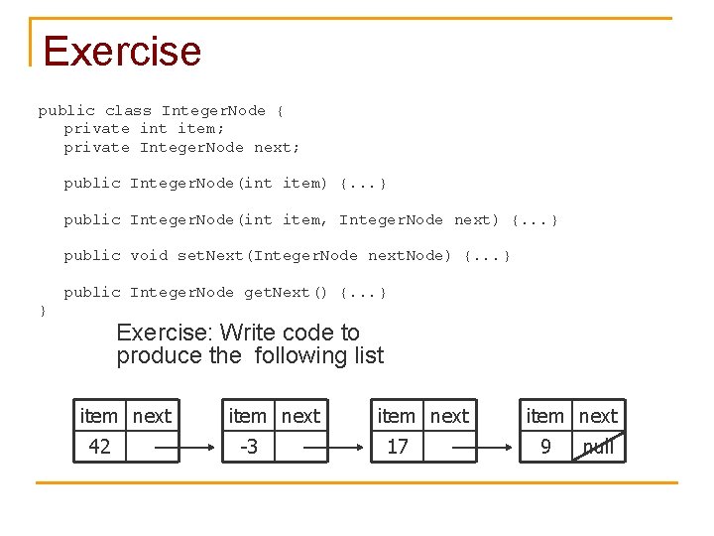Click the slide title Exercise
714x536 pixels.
pyautogui.click(x=122, y=51)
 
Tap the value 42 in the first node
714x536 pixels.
pyautogui.click(x=99, y=447)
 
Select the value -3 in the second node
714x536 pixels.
pyautogui.click(x=248, y=447)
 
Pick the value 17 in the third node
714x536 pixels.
pyautogui.click(x=397, y=447)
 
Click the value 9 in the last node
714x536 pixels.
pyautogui.click(x=545, y=447)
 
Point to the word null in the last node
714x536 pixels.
pyautogui.click(x=598, y=447)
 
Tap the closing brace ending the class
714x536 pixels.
pyautogui.click(x=42, y=311)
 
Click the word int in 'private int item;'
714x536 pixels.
pyautogui.click(x=154, y=129)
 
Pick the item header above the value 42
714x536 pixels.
pyautogui.click(x=98, y=416)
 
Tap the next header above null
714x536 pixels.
pyautogui.click(x=598, y=416)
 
